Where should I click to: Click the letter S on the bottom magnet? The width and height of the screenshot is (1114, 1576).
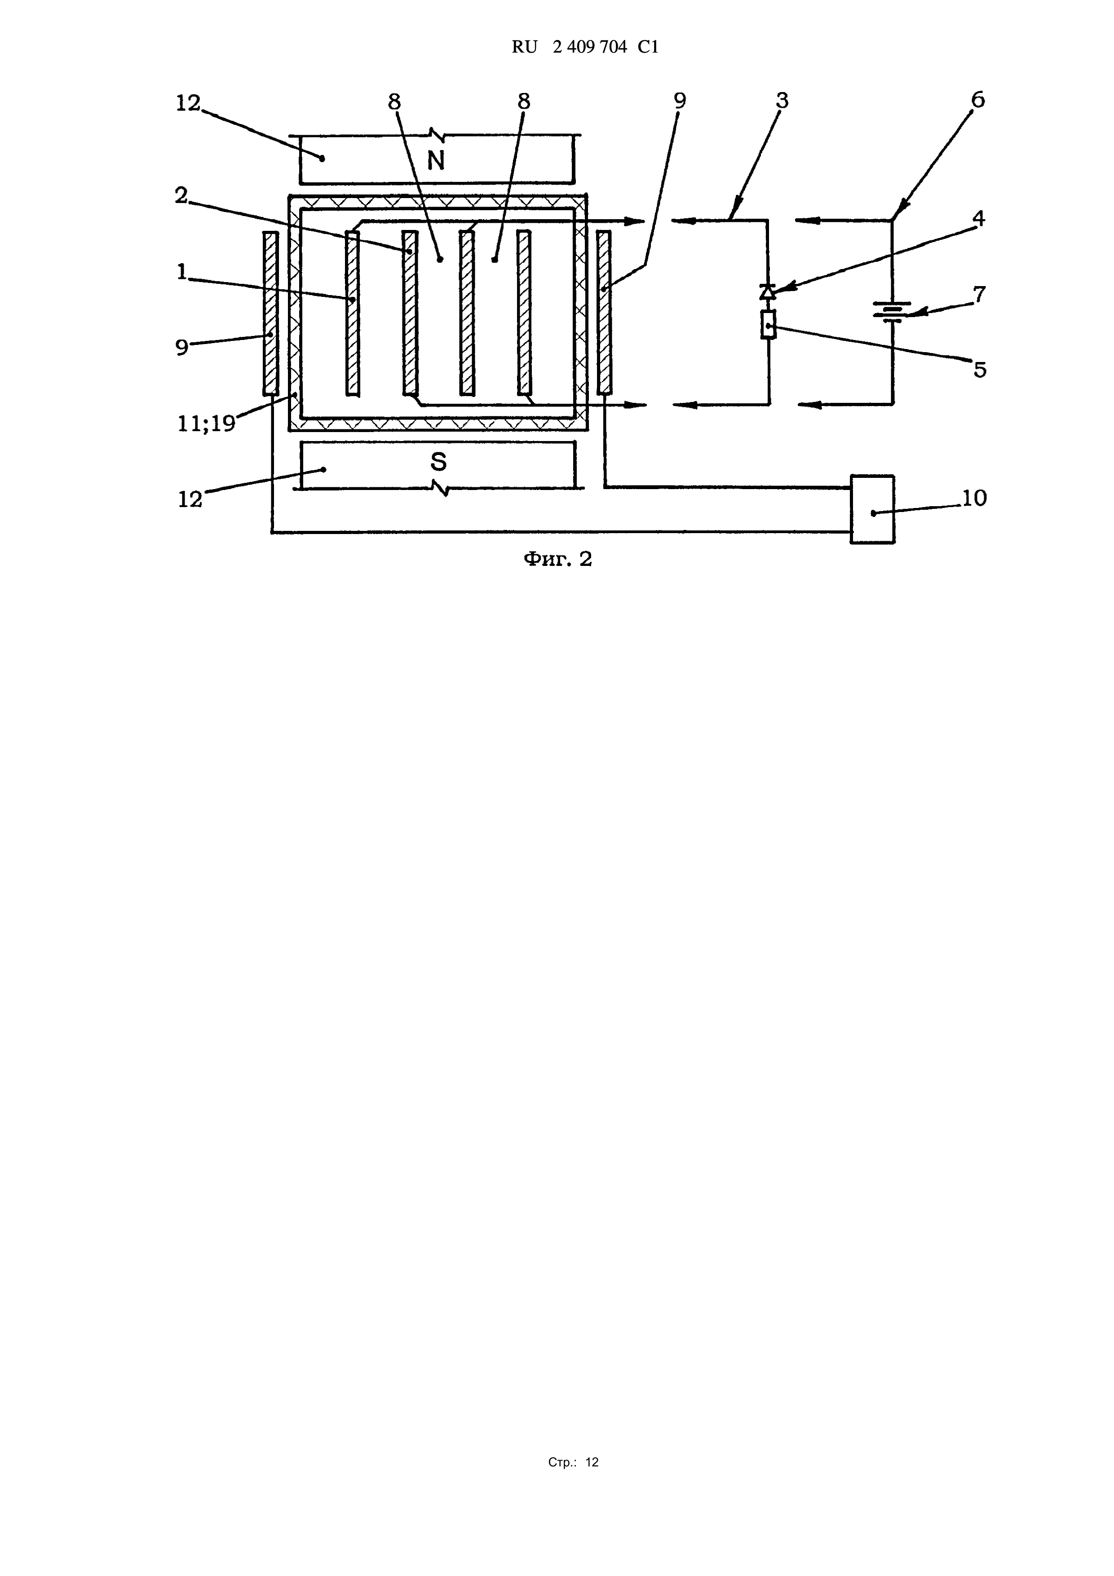tap(438, 462)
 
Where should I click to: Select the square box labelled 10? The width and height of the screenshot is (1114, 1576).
tap(872, 509)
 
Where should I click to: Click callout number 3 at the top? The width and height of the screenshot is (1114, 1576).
tap(782, 101)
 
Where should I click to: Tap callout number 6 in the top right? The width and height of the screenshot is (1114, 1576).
tap(977, 100)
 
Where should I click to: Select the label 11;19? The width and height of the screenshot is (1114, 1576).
tap(206, 424)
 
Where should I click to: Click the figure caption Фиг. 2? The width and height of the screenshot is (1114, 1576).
tap(557, 560)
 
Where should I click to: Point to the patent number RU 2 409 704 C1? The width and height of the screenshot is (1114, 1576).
tap(585, 47)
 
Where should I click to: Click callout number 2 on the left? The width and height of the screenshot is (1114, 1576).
tap(181, 196)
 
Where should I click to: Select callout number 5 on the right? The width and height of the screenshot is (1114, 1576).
tap(980, 370)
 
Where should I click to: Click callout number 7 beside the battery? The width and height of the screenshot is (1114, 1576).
tap(979, 295)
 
